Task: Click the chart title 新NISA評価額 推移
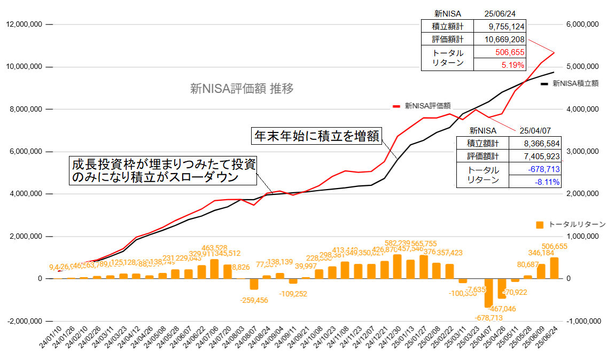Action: click(242, 89)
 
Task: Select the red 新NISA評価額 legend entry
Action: click(422, 106)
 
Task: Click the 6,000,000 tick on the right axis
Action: click(581, 25)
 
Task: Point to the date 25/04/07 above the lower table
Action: click(536, 130)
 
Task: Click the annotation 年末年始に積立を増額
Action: click(316, 136)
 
